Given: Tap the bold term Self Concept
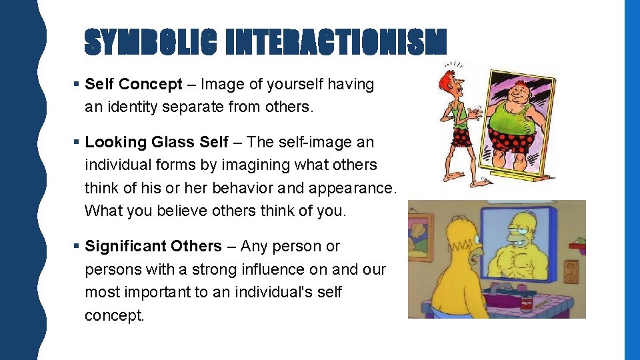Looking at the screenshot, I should (x=133, y=85).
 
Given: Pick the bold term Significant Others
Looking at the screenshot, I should (x=153, y=246).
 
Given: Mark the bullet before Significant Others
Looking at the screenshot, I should (x=77, y=247).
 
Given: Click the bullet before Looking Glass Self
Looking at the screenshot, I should (x=77, y=143).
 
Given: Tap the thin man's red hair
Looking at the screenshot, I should (x=445, y=79).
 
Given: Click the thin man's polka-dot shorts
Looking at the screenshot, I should (x=461, y=137).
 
